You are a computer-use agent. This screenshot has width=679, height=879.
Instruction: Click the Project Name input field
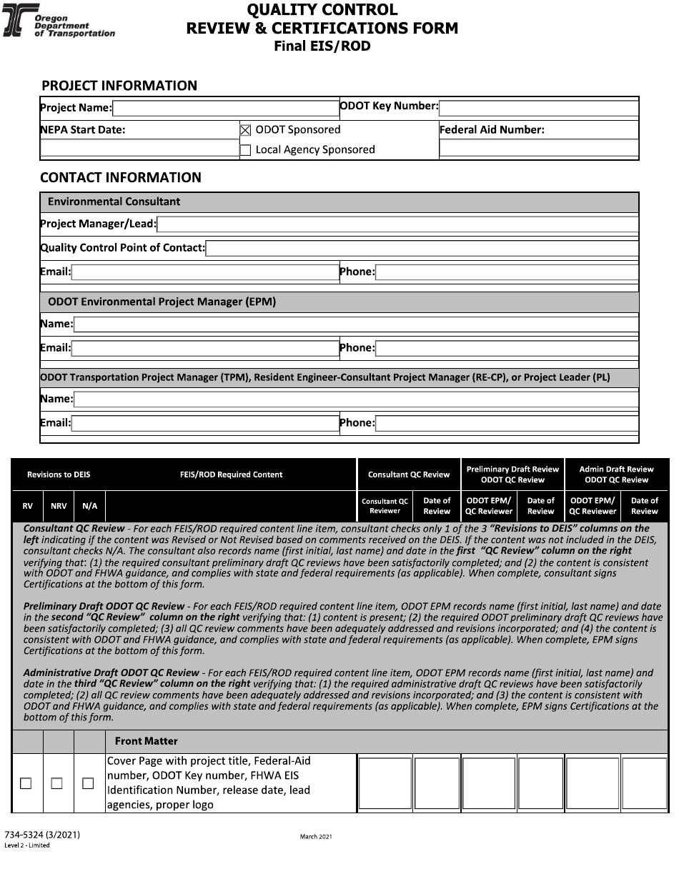coord(225,108)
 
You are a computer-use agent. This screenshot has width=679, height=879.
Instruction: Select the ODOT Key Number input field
coord(539,108)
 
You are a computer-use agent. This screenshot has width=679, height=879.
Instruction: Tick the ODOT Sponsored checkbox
coord(246,130)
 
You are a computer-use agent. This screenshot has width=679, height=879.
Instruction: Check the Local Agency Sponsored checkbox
coord(246,150)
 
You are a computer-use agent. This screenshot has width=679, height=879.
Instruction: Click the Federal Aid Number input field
coord(539,149)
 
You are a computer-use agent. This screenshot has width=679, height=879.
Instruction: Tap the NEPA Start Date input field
coord(139,149)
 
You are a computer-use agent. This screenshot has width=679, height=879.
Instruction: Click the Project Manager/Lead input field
coord(397,224)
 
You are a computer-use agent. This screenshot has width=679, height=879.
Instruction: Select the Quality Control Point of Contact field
coord(422,248)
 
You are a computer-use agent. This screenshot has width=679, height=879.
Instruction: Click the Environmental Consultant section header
coord(114,202)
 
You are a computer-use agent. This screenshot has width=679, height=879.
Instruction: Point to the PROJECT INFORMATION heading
coord(119,86)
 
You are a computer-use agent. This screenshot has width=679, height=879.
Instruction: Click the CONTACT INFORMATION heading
coord(121,177)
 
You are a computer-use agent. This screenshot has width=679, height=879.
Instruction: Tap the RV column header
coord(27,506)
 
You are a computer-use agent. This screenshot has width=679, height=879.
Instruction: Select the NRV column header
coord(59,506)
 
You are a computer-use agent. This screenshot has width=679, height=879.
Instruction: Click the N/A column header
coord(89,506)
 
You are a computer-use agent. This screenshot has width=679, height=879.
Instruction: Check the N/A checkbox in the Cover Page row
coord(88,783)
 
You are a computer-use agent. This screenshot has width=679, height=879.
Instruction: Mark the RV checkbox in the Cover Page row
coord(26,783)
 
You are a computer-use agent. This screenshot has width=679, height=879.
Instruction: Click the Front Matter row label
coord(146,741)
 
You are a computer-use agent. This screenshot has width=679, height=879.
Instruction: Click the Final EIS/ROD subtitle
coord(322,46)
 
